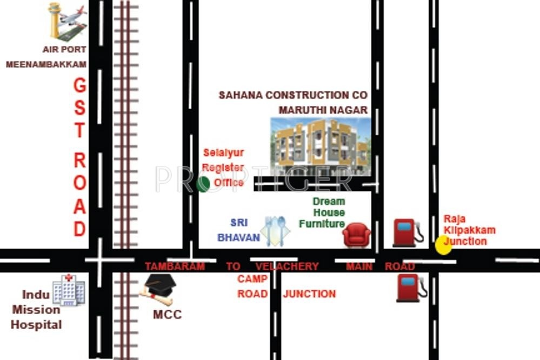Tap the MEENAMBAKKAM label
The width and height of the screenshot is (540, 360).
click(x=46, y=64)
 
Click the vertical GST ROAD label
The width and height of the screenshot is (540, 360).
click(x=79, y=157)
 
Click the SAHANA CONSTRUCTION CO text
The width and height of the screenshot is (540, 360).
click(x=292, y=95)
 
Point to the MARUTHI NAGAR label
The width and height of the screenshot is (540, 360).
click(x=323, y=110)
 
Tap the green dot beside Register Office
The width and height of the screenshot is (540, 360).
click(x=203, y=184)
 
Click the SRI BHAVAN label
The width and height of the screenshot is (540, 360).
click(x=238, y=230)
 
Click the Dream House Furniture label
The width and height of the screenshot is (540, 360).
click(x=322, y=212)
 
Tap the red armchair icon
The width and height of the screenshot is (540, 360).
click(x=356, y=236)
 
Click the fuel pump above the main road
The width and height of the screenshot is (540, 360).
click(x=405, y=232)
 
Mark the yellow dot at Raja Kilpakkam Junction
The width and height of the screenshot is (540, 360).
click(x=444, y=245)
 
